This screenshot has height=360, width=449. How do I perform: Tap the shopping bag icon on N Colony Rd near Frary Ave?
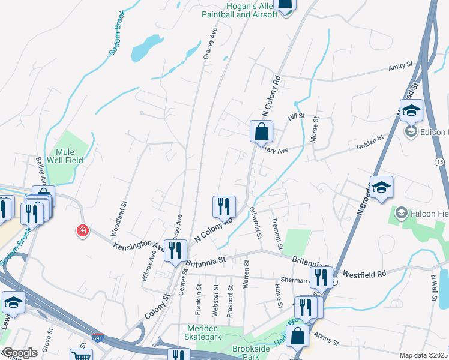261,131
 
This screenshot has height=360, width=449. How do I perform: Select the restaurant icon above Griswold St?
224,207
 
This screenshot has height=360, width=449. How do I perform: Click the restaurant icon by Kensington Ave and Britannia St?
175,250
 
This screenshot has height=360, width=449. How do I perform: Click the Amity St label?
402,65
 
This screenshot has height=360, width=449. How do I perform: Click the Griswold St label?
256,223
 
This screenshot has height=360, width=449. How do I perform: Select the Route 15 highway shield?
440,162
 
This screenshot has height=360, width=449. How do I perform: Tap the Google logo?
20,353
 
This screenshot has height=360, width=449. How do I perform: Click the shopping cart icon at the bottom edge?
80,356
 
